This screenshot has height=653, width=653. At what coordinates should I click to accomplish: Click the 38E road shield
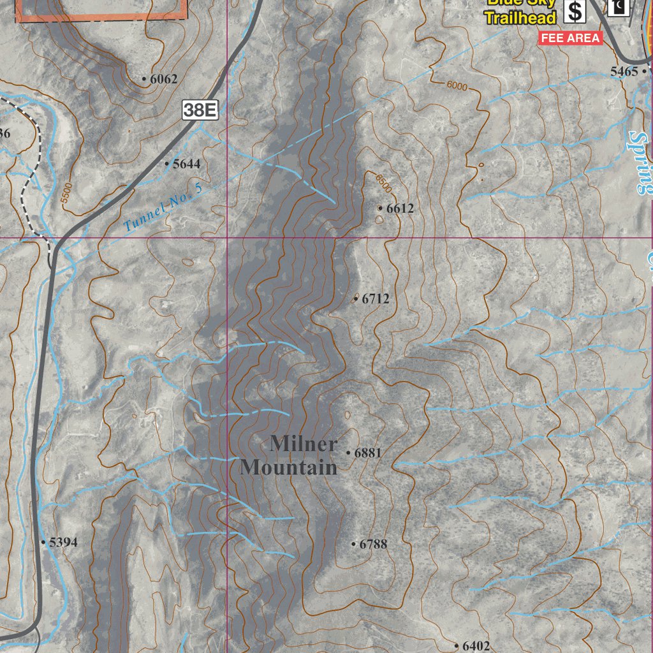(201, 110)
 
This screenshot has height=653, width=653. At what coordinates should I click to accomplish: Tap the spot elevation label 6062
(159, 80)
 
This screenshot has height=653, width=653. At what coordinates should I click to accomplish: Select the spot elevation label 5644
(186, 164)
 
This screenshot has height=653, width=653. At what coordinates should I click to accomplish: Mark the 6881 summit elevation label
(367, 453)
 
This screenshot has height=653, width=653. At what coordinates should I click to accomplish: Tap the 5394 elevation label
(62, 543)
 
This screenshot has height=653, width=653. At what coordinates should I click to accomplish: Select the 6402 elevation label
(476, 646)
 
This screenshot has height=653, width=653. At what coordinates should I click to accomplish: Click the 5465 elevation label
(624, 71)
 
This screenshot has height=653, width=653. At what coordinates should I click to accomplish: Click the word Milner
(303, 443)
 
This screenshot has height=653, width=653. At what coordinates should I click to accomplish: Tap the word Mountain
(288, 467)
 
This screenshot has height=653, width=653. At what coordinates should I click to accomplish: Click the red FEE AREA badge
(571, 38)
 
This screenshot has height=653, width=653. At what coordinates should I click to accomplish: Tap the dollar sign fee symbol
(576, 11)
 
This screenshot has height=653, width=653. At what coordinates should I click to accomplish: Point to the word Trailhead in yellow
(520, 17)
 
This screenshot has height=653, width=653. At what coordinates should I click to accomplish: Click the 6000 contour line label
(457, 86)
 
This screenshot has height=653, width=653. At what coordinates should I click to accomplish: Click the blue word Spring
(638, 163)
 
